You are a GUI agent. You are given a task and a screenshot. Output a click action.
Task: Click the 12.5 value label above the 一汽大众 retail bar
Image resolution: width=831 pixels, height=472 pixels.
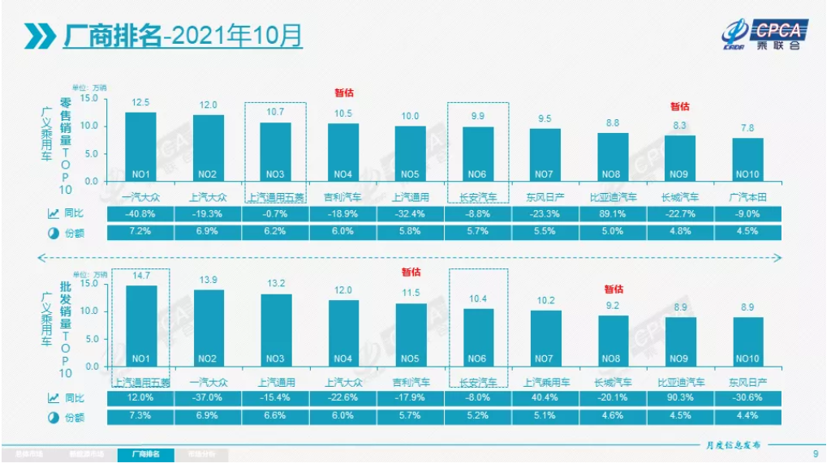tap(140, 102)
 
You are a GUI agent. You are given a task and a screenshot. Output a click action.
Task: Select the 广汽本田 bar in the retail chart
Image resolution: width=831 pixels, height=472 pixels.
tap(747, 159)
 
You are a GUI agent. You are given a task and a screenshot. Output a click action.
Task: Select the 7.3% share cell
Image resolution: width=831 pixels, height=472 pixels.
tap(140, 416)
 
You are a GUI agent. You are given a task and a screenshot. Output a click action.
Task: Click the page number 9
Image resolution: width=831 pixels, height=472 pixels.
tap(815, 453)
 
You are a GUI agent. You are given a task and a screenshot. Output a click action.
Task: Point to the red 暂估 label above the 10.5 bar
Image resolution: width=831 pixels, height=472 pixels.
tap(344, 92)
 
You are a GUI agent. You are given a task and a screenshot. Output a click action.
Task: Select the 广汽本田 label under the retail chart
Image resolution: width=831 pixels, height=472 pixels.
tap(747, 197)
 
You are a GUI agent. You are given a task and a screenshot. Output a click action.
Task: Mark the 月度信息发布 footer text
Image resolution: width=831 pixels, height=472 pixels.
tap(734, 445)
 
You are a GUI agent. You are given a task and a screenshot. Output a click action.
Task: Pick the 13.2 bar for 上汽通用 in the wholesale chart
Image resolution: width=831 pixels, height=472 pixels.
tap(275, 333)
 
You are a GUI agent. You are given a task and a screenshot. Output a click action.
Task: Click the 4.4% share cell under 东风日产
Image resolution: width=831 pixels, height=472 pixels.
tap(747, 416)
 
